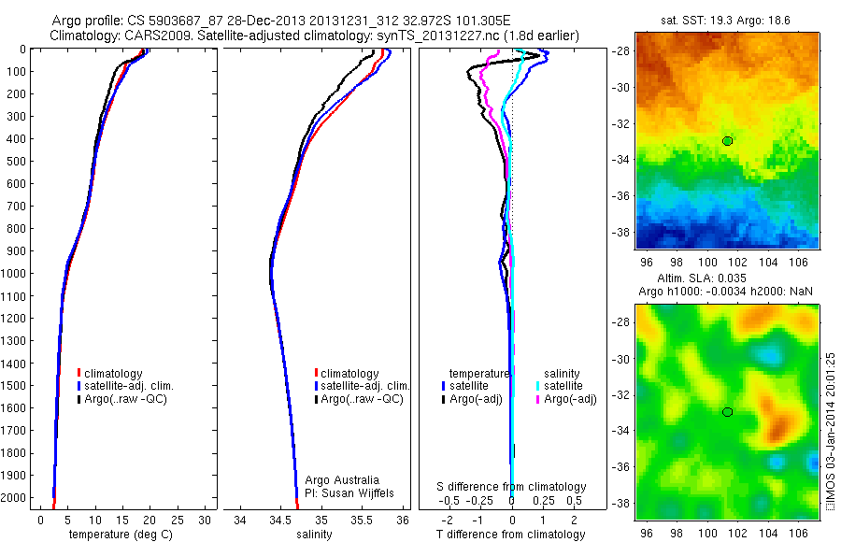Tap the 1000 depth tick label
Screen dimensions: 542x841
point(17,274)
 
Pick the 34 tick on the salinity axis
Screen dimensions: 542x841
point(240,520)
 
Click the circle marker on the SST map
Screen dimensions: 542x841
point(728,140)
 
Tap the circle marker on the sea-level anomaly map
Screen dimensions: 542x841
point(728,412)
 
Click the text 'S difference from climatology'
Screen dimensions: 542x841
point(512,487)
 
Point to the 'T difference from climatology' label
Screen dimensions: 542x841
point(512,535)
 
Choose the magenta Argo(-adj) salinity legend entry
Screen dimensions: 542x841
point(565,399)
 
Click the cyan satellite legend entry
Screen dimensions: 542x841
point(561,385)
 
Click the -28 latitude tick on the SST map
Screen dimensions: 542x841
point(622,51)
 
